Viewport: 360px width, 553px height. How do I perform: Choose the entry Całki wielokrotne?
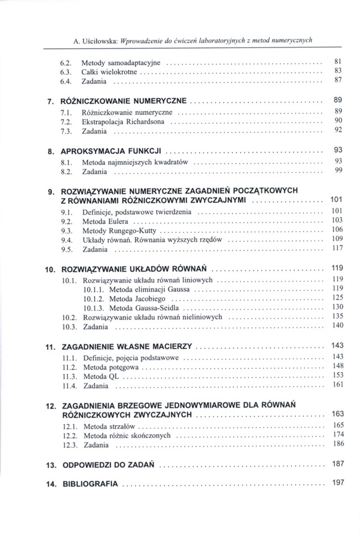109,71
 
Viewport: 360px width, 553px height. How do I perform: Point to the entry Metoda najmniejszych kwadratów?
135,163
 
